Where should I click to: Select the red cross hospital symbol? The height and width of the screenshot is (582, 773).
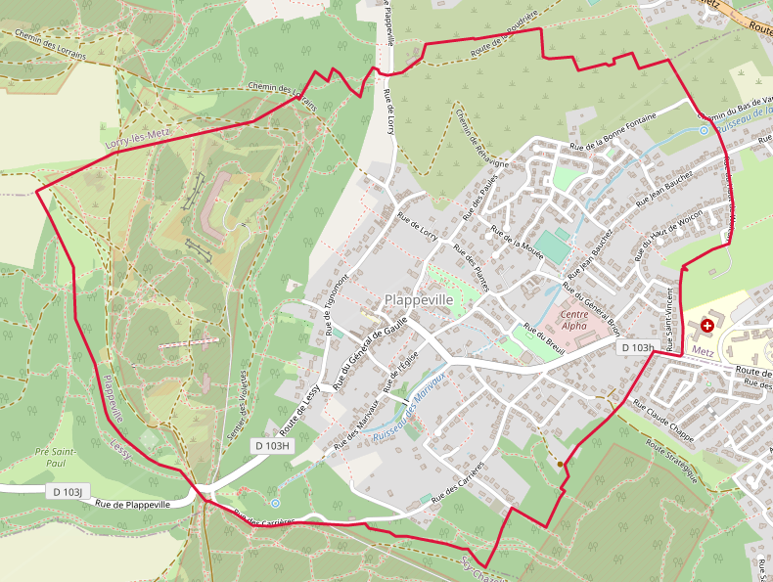(707, 324)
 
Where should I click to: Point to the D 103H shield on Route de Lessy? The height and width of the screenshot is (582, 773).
(273, 446)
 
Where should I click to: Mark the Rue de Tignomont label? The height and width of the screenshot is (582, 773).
(333, 302)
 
